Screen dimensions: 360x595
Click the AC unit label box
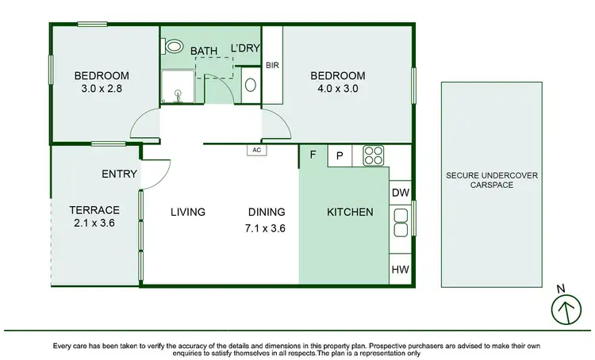pyautogui.click(x=256, y=149)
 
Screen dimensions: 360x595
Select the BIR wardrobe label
pyautogui.click(x=271, y=66)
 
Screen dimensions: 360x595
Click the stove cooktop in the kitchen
pyautogui.click(x=374, y=155)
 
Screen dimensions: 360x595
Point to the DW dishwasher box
pyautogui.click(x=400, y=193)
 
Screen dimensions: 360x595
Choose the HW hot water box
pyautogui.click(x=400, y=270)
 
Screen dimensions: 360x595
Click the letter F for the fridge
pyautogui.click(x=313, y=155)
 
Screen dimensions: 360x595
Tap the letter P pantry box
pyautogui.click(x=339, y=156)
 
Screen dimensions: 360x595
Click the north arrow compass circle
pyautogui.click(x=565, y=310)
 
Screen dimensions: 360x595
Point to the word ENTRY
pyautogui.click(x=120, y=174)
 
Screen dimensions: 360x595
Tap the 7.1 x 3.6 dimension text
pyautogui.click(x=266, y=228)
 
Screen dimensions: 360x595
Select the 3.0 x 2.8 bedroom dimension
pyautogui.click(x=102, y=89)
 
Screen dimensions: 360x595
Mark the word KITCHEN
pyautogui.click(x=350, y=212)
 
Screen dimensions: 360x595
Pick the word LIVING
pyautogui.click(x=188, y=212)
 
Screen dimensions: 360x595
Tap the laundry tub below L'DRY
pyautogui.click(x=249, y=85)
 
